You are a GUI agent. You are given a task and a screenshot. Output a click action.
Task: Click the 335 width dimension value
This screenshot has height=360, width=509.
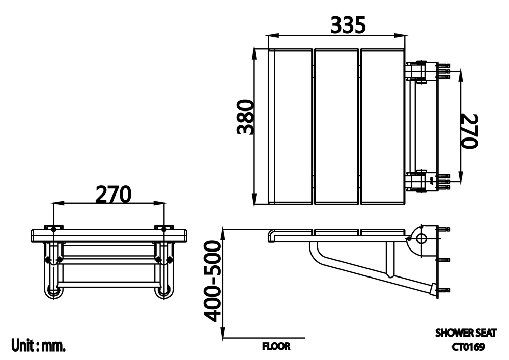[348, 24]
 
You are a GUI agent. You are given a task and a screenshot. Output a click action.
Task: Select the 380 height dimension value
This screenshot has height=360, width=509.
[245, 117]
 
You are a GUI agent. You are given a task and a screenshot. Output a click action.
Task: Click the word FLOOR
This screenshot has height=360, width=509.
[276, 346]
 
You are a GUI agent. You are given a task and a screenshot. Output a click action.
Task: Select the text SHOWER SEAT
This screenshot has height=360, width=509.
[465, 333]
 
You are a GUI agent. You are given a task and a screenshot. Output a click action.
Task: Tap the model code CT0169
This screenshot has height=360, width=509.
[467, 347]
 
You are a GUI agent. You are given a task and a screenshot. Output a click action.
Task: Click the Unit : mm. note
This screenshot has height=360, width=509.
[39, 346]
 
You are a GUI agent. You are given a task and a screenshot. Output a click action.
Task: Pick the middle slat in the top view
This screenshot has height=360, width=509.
[336, 126]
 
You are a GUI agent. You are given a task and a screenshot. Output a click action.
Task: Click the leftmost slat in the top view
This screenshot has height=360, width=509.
[290, 126]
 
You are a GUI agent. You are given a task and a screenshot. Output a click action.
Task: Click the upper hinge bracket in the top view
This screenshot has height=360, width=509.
[421, 71]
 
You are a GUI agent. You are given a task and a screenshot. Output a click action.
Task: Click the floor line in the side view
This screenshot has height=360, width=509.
[265, 338]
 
